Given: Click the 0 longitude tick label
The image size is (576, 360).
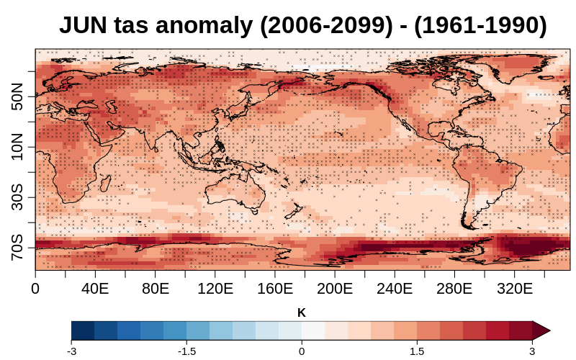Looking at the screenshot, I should [x=35, y=289].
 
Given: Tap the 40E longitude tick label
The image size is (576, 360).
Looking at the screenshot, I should [x=95, y=289].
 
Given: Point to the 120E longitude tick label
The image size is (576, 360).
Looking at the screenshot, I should [x=215, y=289].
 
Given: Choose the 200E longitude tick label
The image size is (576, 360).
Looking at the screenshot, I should [x=334, y=289].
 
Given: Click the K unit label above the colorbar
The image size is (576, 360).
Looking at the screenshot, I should [x=302, y=312].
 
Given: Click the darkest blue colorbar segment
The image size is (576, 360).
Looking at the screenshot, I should [x=83, y=330].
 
